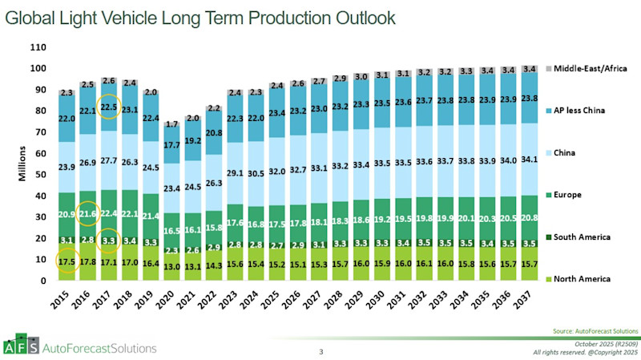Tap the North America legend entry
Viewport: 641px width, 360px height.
(x=586, y=279)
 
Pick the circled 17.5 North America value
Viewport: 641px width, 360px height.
(x=68, y=261)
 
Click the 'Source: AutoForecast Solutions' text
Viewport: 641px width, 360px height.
(x=595, y=330)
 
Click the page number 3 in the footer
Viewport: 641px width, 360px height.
(x=320, y=351)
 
